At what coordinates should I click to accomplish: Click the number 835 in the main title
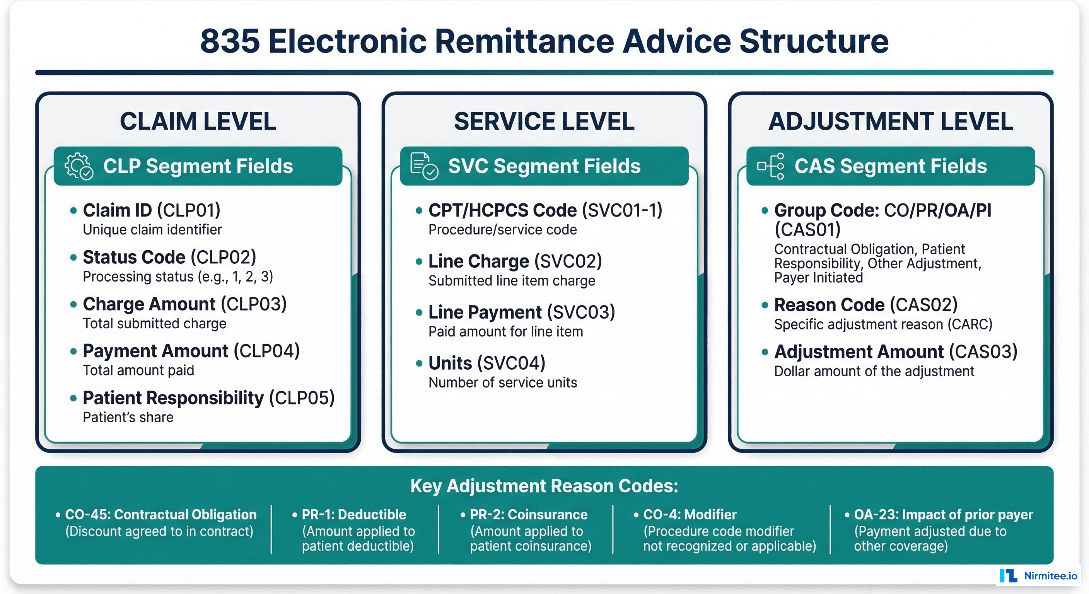[230, 41]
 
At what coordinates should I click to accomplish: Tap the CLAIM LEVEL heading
[198, 121]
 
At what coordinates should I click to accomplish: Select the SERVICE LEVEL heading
[544, 121]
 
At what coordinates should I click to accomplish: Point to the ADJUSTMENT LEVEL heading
[890, 121]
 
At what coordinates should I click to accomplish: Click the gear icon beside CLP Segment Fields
[79, 166]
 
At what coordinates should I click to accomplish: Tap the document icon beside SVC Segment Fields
[424, 166]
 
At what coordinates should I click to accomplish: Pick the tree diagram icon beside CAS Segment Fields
[771, 166]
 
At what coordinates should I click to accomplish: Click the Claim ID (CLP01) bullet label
[151, 210]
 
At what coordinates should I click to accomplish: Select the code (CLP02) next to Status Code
[223, 257]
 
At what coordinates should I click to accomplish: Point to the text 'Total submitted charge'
[154, 323]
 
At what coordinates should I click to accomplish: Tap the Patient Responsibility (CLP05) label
[208, 398]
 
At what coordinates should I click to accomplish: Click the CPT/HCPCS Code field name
[502, 210]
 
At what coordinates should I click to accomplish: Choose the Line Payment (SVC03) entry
[521, 312]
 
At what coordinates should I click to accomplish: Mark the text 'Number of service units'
[502, 382]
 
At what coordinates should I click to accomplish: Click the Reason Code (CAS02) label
[865, 305]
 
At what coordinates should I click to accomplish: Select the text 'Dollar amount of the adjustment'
[874, 371]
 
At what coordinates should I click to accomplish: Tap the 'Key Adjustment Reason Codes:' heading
[544, 486]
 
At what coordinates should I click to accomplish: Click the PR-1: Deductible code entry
[353, 514]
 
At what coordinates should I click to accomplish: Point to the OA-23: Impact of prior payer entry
[943, 514]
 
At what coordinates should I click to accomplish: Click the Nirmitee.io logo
[1038, 576]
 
